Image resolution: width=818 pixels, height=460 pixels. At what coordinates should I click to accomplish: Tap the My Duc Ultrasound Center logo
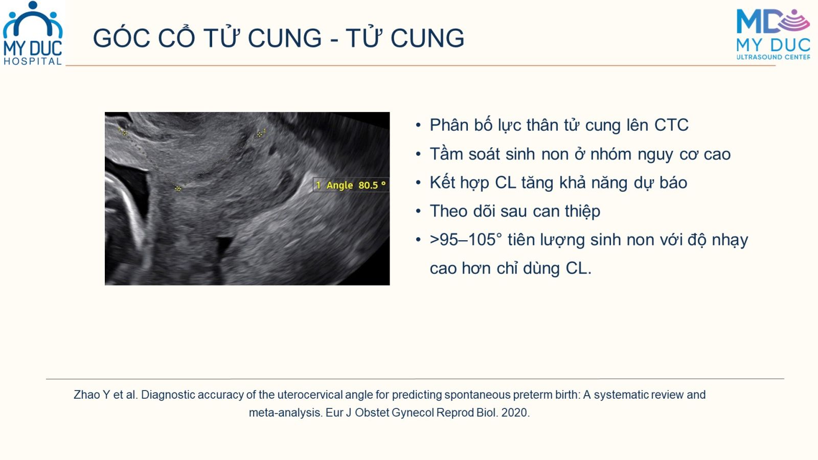click(x=772, y=34)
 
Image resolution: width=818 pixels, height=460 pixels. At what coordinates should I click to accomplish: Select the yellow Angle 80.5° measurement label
click(x=351, y=185)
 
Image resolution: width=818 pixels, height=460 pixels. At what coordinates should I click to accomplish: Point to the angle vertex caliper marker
click(x=178, y=189)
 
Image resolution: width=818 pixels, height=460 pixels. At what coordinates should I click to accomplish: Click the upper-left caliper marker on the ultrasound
click(x=124, y=133)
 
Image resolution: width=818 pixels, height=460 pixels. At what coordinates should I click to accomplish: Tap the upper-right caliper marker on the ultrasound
click(x=260, y=134)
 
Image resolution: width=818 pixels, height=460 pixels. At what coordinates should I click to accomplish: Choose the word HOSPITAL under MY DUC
click(x=33, y=61)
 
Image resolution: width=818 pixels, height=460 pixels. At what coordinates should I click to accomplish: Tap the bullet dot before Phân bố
click(x=419, y=126)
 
